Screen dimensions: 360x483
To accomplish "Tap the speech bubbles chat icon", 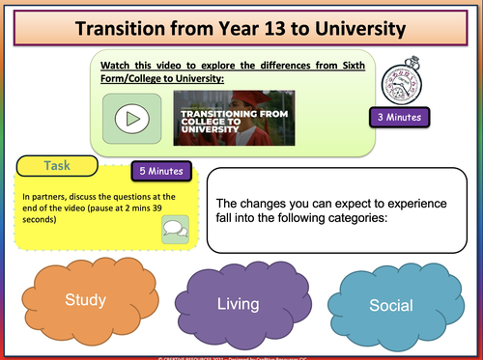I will tap(176, 229).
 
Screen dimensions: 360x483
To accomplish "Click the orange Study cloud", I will tap(85, 299).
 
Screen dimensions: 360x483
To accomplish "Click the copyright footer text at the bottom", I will tap(241, 356).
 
